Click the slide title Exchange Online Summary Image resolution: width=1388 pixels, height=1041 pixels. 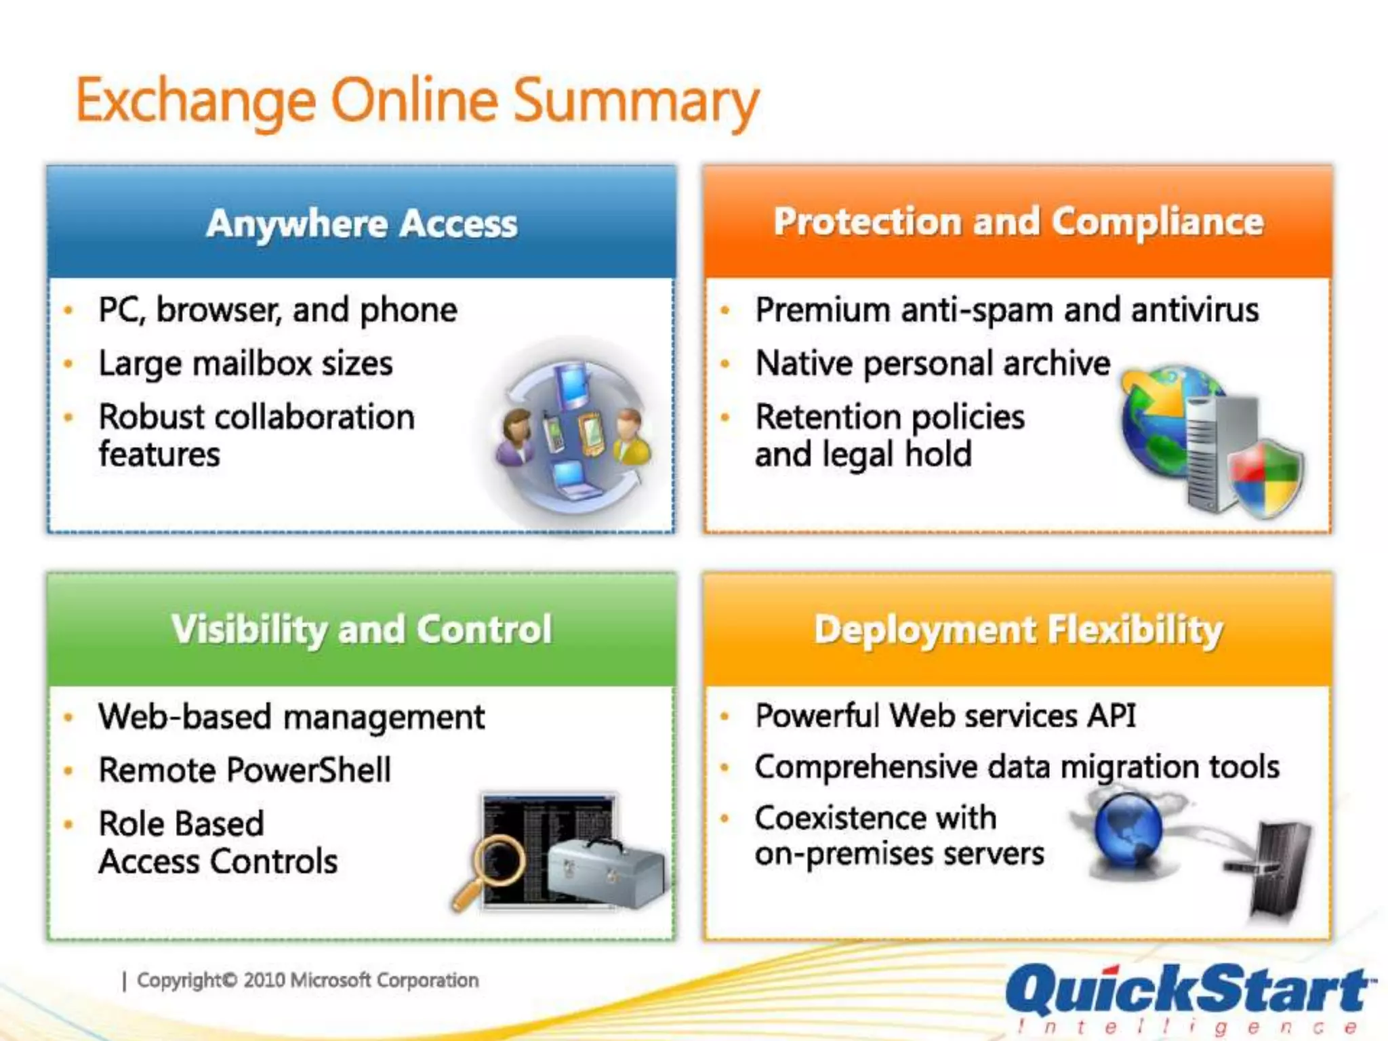[x=416, y=102]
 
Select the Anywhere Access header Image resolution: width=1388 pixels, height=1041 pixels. [x=361, y=224]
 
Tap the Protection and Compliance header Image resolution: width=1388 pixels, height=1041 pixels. [x=1018, y=222]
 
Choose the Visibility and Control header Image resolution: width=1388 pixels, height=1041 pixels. [x=361, y=629]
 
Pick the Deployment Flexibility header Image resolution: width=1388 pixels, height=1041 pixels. [x=1018, y=629]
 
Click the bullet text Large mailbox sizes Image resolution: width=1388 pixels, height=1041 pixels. [x=245, y=364]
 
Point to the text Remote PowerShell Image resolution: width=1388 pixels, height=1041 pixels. [x=245, y=771]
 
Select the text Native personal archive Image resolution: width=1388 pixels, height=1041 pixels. [x=933, y=364]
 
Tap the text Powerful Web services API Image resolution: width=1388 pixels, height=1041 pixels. [x=945, y=716]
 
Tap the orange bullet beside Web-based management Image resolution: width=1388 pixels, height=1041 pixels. [x=68, y=718]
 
